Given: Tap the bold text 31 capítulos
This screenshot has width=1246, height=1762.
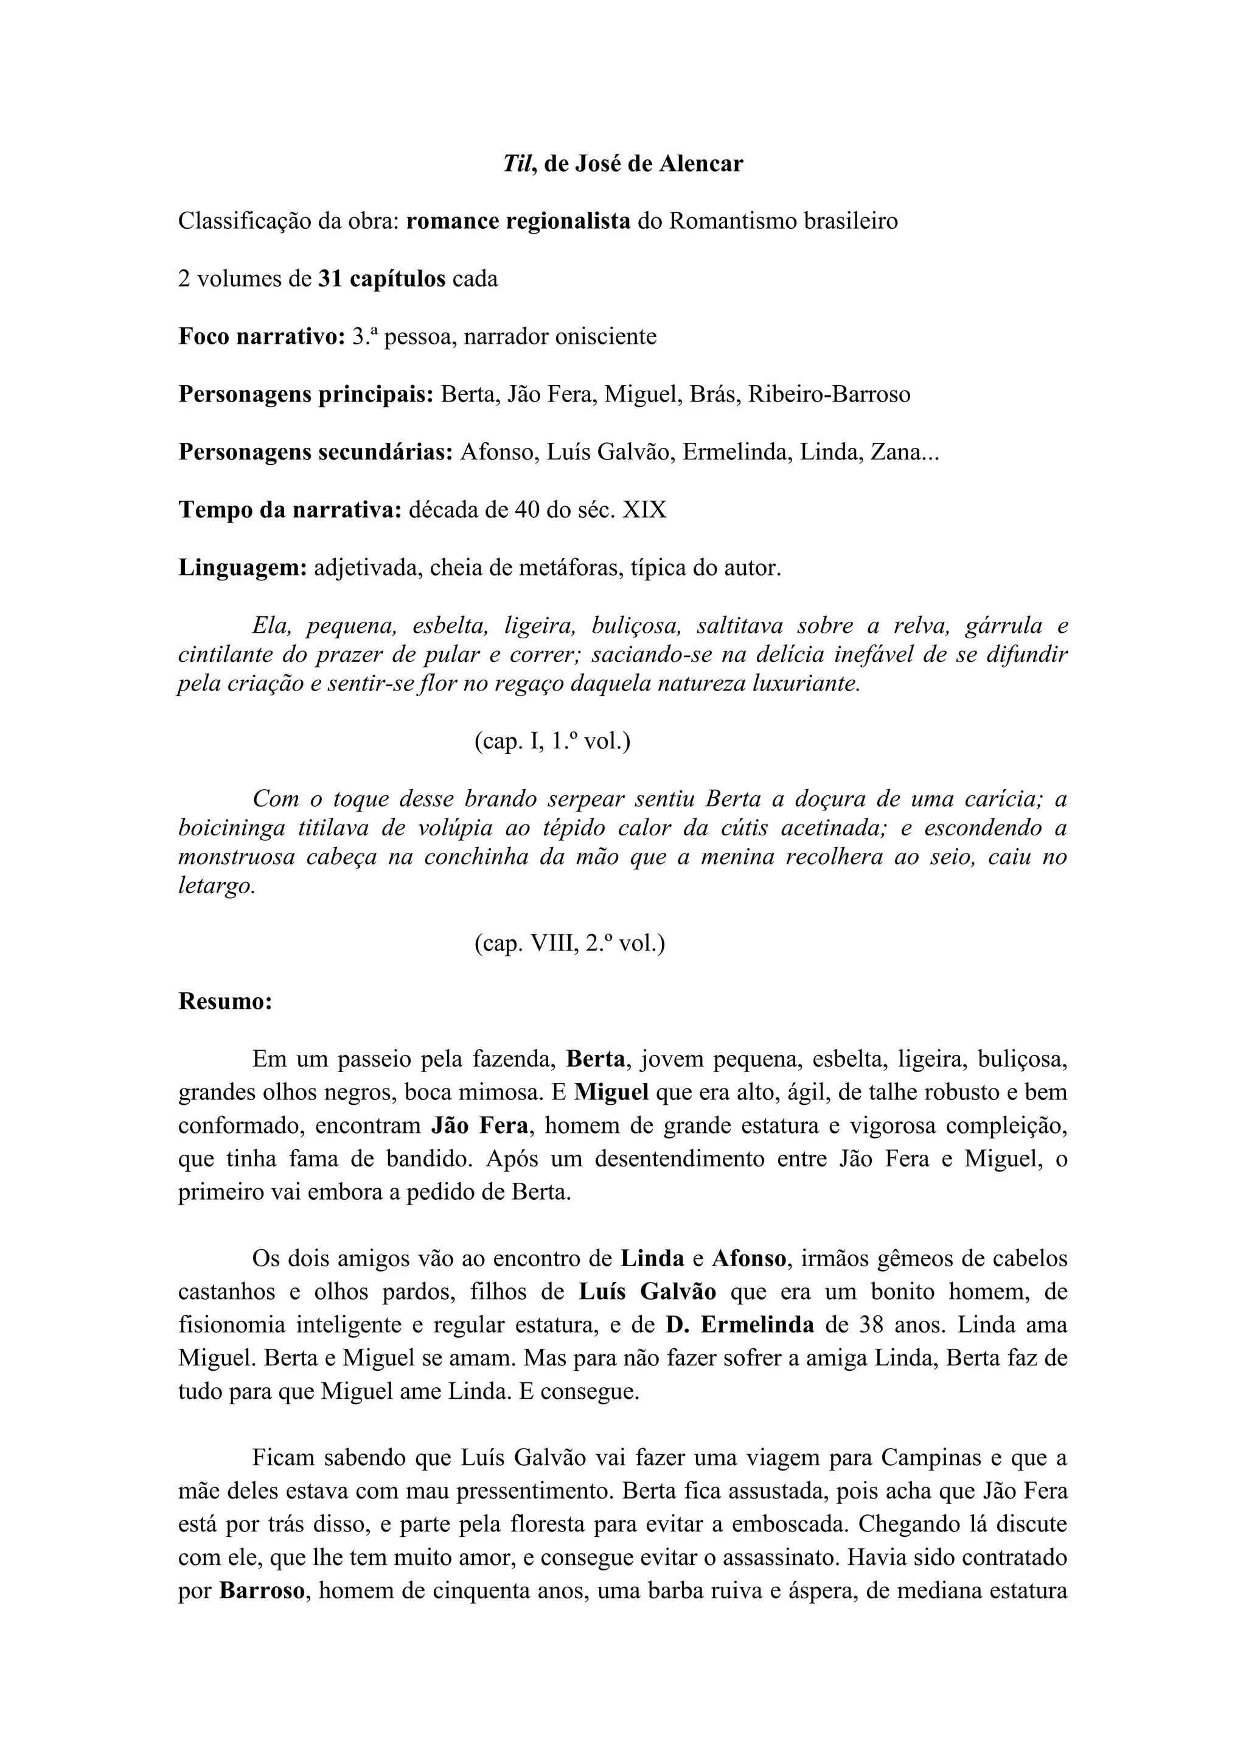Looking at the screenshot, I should coord(381,279).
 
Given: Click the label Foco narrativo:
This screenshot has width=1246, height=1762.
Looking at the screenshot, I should coord(262,337).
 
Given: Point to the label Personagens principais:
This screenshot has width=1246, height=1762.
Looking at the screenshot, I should coord(306,394).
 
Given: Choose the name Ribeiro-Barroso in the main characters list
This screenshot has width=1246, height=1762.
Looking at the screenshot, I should coord(829,394).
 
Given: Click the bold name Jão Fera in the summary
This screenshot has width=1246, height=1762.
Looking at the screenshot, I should coord(479,1126).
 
